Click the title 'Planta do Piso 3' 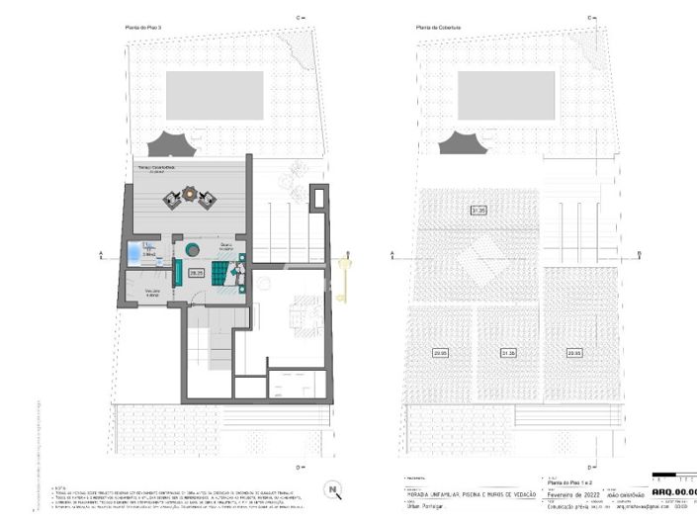pos(140,27)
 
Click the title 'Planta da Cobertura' pos(436,27)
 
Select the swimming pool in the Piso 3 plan pos(215,95)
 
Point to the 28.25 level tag pos(196,272)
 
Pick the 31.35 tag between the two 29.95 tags pos(508,352)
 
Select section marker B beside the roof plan pos(640,254)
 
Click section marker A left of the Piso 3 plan pos(101,254)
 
